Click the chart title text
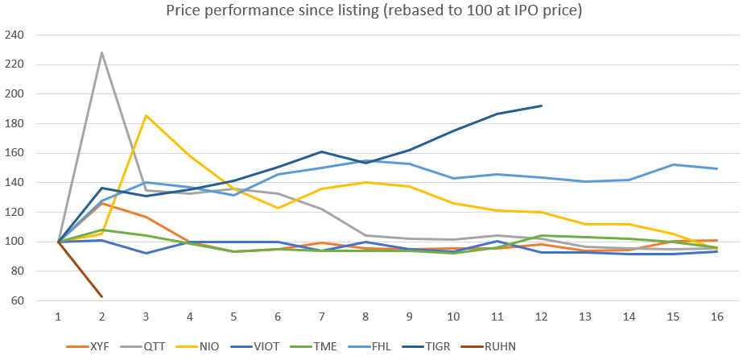[373, 11]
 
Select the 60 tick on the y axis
[18, 301]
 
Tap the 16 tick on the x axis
[716, 317]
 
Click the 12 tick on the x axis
[541, 317]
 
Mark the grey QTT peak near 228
[102, 52]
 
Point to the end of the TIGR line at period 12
[541, 106]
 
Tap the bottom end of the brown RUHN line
[102, 297]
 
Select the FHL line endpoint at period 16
[716, 168]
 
